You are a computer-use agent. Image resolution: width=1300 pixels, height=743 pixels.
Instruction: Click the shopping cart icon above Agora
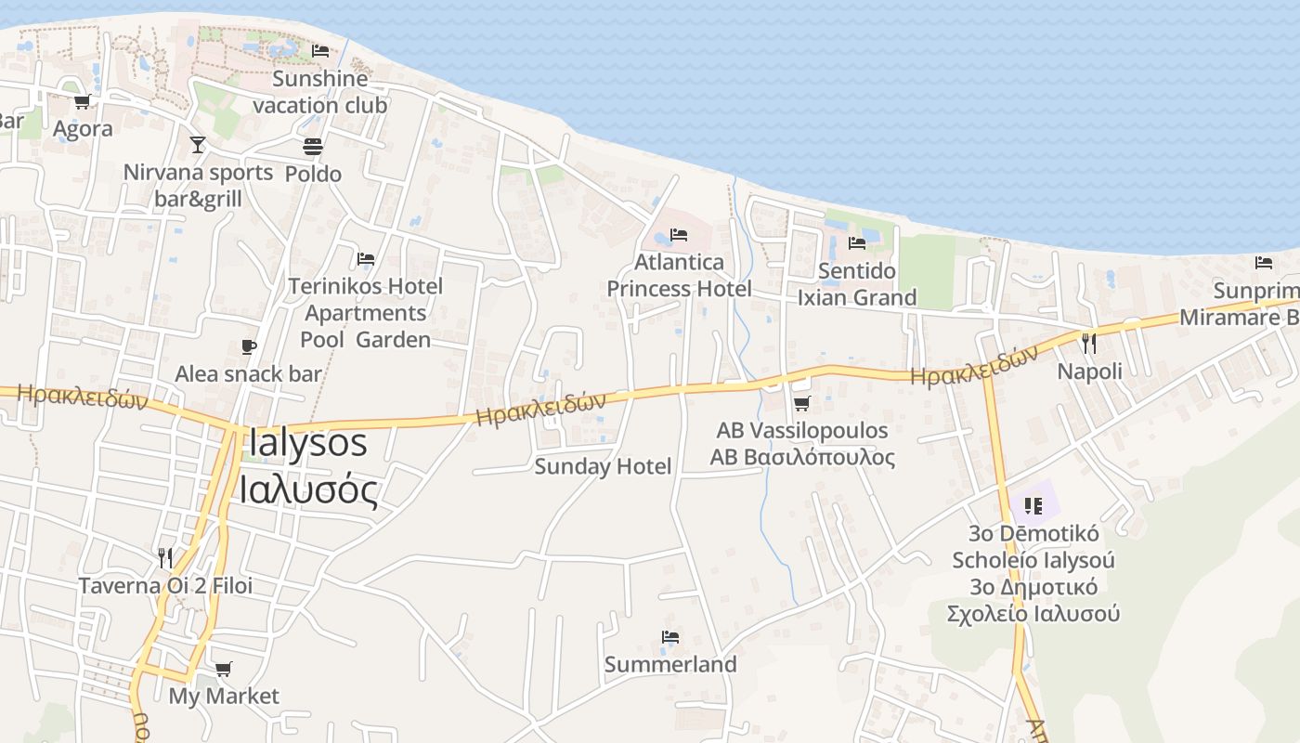click(x=83, y=102)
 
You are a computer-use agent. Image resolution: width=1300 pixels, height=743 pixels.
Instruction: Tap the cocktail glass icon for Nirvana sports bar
click(x=197, y=144)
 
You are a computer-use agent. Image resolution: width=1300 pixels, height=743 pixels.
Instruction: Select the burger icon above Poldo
click(x=313, y=147)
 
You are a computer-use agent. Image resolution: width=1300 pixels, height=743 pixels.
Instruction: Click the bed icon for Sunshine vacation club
click(x=320, y=50)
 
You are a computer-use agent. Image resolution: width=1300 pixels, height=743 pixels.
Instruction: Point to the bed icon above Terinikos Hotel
click(x=366, y=258)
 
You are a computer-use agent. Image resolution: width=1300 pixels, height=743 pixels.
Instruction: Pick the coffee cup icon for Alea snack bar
click(x=248, y=346)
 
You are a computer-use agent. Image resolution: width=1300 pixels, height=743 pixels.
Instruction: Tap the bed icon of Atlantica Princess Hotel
click(x=679, y=234)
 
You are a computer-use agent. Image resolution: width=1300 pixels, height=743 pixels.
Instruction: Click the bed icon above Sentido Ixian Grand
click(x=856, y=242)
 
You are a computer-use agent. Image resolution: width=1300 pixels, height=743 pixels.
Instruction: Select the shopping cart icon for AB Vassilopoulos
click(x=801, y=403)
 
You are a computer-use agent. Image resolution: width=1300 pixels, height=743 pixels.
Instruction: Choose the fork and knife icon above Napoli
click(x=1089, y=344)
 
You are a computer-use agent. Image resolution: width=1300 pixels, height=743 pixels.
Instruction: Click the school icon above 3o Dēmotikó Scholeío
click(x=1033, y=506)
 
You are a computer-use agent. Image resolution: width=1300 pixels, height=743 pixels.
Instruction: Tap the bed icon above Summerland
click(x=670, y=637)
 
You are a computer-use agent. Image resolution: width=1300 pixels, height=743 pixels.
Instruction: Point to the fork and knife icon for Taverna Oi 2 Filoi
click(x=165, y=557)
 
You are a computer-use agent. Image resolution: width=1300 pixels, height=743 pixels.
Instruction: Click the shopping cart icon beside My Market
click(x=223, y=669)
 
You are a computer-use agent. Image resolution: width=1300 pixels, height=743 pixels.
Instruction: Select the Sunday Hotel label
click(x=603, y=466)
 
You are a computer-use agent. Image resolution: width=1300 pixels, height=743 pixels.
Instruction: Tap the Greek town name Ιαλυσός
click(x=309, y=489)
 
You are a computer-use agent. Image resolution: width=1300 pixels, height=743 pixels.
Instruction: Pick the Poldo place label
click(x=313, y=174)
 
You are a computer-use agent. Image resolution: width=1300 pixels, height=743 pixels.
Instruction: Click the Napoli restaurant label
click(x=1090, y=371)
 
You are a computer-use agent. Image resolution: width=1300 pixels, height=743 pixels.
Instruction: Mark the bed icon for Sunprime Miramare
click(x=1264, y=263)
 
